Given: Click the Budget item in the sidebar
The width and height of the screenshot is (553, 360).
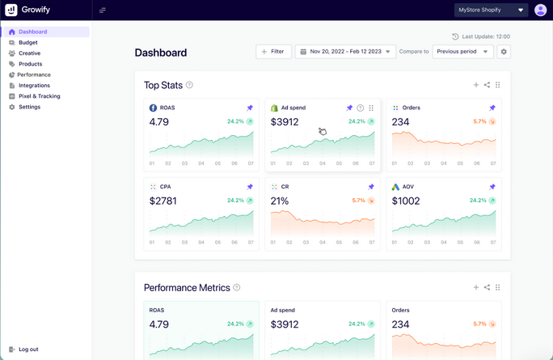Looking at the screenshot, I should (27, 42).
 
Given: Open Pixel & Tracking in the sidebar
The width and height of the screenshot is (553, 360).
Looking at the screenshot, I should (38, 96).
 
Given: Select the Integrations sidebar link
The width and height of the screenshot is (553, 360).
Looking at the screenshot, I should (34, 85).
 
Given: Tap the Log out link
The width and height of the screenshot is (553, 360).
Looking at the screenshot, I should (28, 349).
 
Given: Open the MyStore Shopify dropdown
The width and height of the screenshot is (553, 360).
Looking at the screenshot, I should (491, 11).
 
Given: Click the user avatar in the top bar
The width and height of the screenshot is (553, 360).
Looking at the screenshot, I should (540, 11).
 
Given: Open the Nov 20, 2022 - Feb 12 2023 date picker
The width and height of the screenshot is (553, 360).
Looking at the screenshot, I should (345, 52).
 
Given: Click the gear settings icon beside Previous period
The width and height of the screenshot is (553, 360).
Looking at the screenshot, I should (504, 52).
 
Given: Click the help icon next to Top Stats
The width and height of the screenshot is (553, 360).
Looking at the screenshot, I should (190, 85).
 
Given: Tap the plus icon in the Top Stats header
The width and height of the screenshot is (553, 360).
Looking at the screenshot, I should (476, 85).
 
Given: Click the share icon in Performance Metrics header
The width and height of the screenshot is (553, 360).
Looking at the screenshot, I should (487, 287).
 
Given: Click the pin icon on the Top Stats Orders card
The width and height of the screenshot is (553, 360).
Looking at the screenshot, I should (492, 108).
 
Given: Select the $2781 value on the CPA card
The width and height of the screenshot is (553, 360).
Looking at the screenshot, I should (163, 201).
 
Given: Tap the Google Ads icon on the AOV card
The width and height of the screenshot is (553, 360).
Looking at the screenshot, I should (395, 187).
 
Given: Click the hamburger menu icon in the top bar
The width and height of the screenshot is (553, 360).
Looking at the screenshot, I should (103, 11).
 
